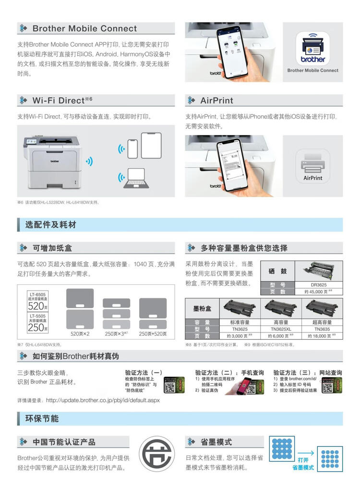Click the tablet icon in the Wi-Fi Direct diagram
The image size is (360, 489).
(x=151, y=145)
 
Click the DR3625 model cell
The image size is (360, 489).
(x=318, y=284)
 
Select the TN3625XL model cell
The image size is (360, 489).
(x=281, y=329)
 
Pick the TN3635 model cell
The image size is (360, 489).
(x=322, y=329)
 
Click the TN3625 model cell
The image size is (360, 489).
(x=240, y=329)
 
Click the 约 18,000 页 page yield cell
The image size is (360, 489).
(x=322, y=336)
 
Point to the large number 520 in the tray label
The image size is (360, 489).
(x=36, y=306)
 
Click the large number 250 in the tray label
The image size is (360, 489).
(x=36, y=328)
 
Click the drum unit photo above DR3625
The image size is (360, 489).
(x=318, y=270)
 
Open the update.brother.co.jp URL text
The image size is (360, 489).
(x=103, y=400)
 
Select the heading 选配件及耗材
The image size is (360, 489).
(x=51, y=225)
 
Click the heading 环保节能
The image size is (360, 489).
(x=42, y=418)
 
